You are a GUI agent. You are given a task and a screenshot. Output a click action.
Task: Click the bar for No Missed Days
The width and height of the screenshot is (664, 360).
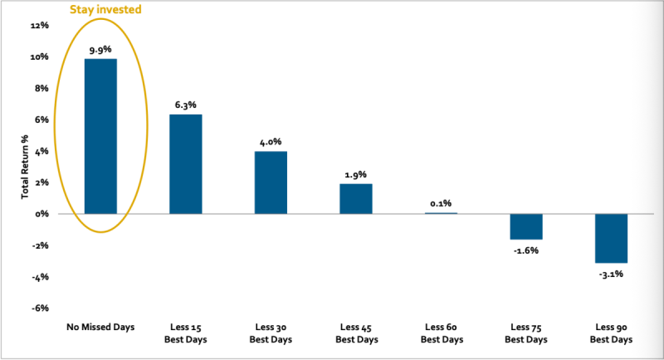tap(100, 136)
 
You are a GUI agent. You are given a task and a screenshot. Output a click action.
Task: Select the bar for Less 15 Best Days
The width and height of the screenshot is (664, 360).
tap(185, 164)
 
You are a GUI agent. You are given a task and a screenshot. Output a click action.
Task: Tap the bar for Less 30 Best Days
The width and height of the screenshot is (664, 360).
tap(271, 182)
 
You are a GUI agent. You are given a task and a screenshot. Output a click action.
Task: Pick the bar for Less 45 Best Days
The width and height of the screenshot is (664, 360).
tap(355, 199)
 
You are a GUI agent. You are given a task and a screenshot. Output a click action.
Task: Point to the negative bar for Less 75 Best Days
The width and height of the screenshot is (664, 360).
tap(525, 226)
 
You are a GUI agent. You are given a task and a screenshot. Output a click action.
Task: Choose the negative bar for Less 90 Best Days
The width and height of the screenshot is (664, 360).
tap(611, 238)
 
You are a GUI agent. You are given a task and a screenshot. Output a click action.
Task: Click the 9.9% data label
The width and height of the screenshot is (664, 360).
tap(100, 50)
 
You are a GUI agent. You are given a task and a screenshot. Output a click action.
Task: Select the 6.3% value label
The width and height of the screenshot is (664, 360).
tap(185, 105)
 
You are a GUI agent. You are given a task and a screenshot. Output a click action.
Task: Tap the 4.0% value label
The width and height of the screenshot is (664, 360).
tap(271, 142)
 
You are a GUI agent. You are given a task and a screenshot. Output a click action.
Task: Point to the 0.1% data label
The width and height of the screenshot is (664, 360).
tap(441, 203)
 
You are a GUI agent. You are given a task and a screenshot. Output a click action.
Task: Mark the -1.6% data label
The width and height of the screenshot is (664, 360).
tap(525, 250)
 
